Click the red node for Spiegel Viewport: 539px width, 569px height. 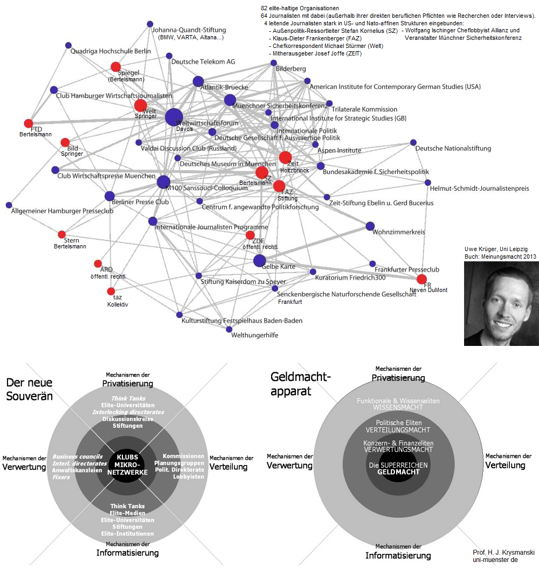tap(115, 67)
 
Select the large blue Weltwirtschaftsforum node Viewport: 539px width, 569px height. tap(174, 117)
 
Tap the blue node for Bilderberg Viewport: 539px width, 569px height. tap(274, 64)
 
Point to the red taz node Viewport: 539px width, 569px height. tap(111, 292)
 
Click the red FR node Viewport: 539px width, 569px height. tap(421, 279)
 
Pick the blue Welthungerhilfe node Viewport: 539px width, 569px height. tap(229, 329)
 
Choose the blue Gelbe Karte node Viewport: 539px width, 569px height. tap(259, 261)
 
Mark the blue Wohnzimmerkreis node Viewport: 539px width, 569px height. tap(370, 226)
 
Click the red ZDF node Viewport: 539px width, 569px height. tap(250, 235)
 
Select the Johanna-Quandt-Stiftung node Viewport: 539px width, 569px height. tap(150, 24)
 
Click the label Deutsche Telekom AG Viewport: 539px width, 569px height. tap(203, 62)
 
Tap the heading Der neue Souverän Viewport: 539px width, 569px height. tap(29, 389)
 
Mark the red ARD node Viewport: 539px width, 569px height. tap(98, 263)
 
